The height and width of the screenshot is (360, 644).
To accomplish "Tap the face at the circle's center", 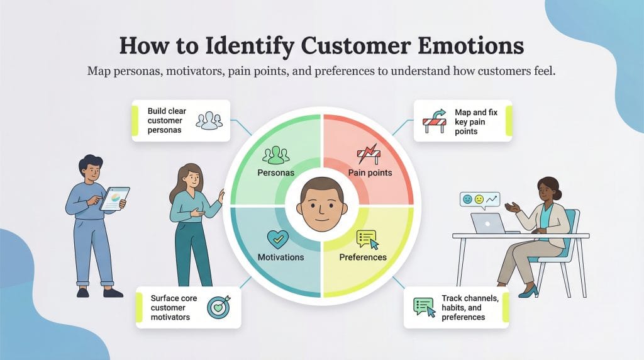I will tap(321, 205).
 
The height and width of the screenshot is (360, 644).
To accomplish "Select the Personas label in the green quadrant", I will tap(276, 172).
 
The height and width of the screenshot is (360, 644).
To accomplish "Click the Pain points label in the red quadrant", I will tap(370, 172).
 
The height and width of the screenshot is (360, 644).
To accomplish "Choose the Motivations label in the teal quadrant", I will tap(280, 257).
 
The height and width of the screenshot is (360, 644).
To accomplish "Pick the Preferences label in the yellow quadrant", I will tap(363, 257).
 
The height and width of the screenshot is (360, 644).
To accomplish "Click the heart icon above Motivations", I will tap(277, 240).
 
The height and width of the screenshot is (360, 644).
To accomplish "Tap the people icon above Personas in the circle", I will tap(275, 155).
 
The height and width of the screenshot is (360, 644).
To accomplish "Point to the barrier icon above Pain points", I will tap(368, 155).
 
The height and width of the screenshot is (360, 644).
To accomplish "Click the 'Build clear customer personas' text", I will tap(167, 120).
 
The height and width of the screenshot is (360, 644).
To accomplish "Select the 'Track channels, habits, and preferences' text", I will tap(470, 308).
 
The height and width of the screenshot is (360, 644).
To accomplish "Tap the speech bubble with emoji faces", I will tap(479, 200).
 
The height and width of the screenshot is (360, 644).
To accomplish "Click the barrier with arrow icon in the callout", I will tap(434, 120).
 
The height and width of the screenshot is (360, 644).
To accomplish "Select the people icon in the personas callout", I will tap(209, 120).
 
